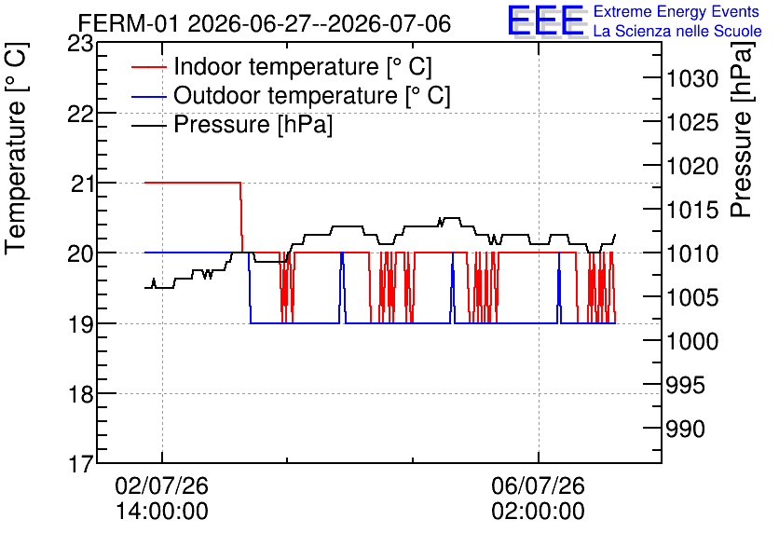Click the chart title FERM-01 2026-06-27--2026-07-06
tap(265, 23)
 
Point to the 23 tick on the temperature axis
tap(80, 44)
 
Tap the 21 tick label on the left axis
tap(82, 184)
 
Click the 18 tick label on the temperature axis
tap(80, 394)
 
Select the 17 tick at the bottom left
tap(80, 464)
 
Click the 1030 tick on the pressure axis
tap(692, 78)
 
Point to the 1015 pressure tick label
tap(692, 210)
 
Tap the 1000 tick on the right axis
tap(692, 341)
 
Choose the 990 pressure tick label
tap(685, 429)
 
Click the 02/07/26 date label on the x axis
tap(162, 485)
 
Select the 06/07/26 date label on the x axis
tap(539, 485)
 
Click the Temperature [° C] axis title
tap(16, 148)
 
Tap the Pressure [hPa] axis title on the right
tap(743, 130)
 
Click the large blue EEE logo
tap(545, 20)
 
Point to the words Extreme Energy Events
tap(676, 11)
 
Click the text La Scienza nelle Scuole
tap(677, 31)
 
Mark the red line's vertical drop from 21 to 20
tap(241, 217)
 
